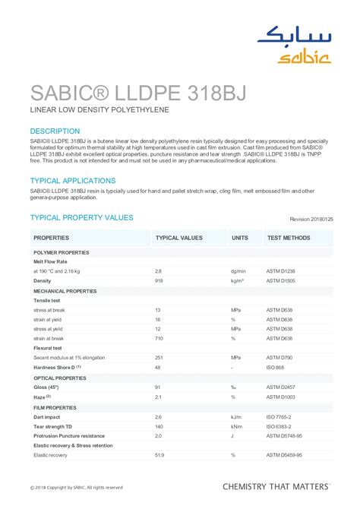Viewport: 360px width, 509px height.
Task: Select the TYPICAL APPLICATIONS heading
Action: [x=72, y=181]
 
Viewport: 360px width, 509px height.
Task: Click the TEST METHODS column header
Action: [x=289, y=238]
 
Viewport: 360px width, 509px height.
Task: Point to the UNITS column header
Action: [x=240, y=238]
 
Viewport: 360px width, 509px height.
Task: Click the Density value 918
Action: [x=159, y=280]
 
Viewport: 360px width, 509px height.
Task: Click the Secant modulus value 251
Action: [x=159, y=357]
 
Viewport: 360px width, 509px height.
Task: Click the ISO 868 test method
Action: [x=276, y=367]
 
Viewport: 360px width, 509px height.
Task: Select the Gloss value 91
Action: [x=158, y=387]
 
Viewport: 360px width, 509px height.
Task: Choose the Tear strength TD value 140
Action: [x=159, y=426]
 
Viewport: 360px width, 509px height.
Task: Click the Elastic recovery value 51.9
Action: [x=159, y=455]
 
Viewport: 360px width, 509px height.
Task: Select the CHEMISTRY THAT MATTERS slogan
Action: [x=276, y=485]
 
